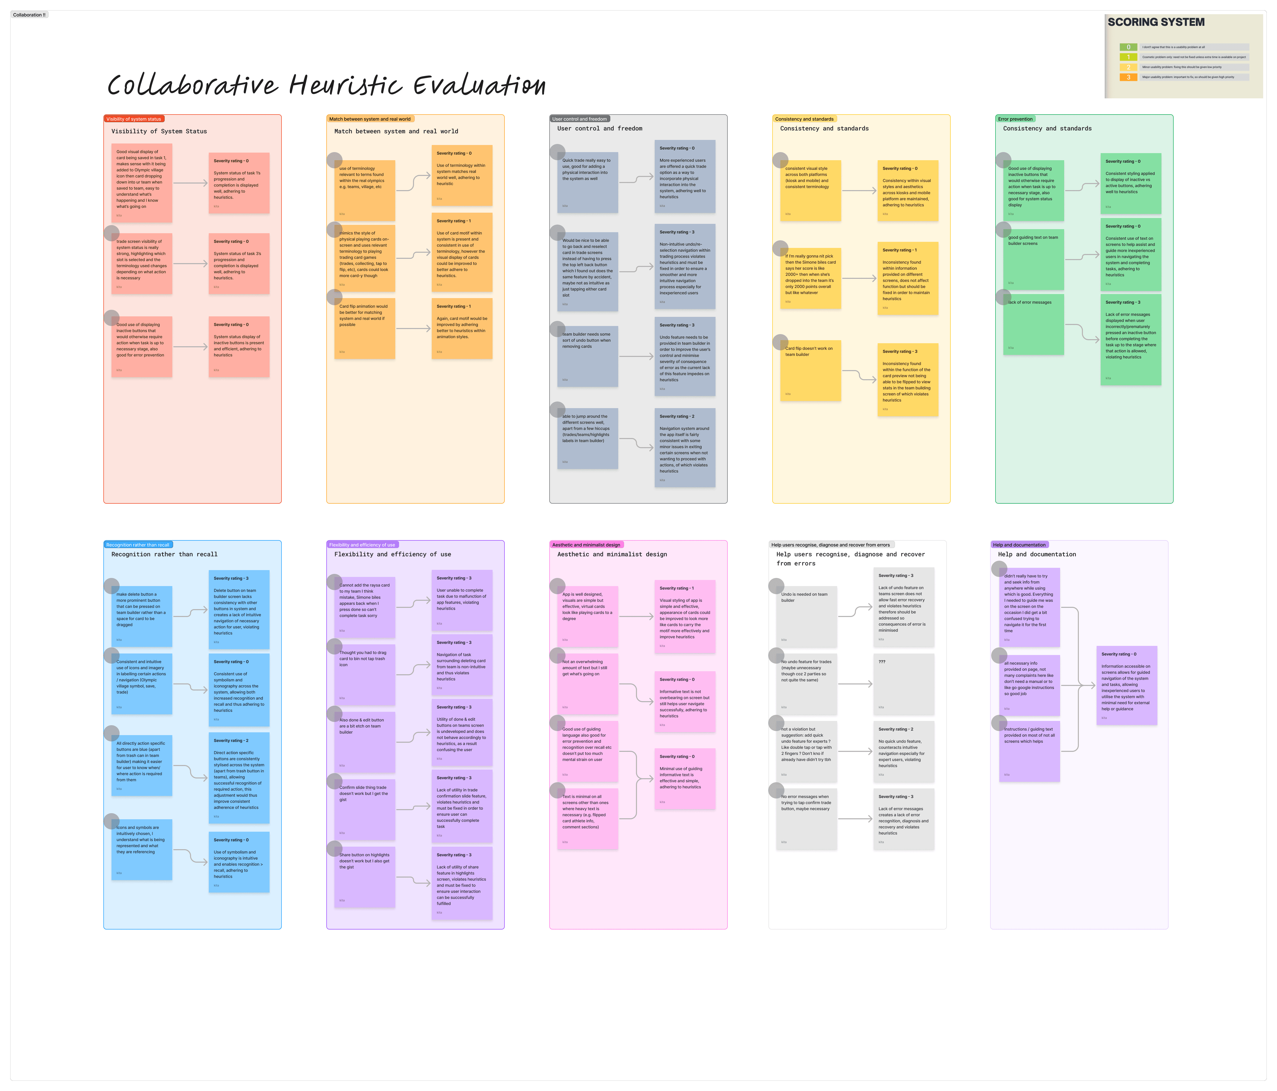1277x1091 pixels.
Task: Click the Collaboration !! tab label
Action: point(29,15)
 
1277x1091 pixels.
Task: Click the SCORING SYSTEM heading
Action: point(1156,22)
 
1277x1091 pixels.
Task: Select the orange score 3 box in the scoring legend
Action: point(1128,77)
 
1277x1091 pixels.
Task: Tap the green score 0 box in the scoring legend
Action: point(1128,47)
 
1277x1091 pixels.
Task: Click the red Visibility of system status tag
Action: point(134,119)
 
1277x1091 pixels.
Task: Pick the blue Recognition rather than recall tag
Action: point(137,544)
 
